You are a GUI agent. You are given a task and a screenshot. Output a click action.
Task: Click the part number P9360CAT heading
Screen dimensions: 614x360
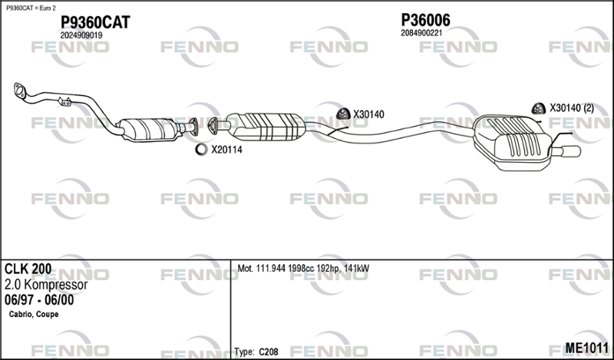click(x=95, y=22)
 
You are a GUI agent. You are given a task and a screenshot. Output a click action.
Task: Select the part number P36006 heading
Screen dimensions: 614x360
click(x=426, y=20)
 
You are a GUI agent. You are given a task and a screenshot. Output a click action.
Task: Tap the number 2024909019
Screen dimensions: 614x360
click(x=81, y=35)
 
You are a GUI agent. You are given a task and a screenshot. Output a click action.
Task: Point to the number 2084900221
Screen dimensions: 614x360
click(x=421, y=33)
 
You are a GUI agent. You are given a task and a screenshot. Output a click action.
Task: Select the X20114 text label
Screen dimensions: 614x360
click(x=226, y=150)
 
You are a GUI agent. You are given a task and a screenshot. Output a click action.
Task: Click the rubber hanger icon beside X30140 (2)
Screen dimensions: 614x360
click(x=539, y=108)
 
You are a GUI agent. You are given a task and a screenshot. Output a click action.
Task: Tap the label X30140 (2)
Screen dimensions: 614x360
click(x=572, y=108)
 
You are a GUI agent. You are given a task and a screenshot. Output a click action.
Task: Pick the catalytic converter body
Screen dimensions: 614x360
click(x=150, y=129)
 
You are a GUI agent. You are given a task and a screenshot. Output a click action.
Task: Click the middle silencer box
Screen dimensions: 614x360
click(x=266, y=127)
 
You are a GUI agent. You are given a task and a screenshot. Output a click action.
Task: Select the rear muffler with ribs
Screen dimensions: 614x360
click(x=513, y=143)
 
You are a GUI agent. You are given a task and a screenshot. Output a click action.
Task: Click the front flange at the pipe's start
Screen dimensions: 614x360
click(x=19, y=91)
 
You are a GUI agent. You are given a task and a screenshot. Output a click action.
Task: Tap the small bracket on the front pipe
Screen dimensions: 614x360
click(x=64, y=101)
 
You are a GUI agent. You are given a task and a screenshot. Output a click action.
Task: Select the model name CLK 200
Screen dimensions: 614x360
click(x=28, y=269)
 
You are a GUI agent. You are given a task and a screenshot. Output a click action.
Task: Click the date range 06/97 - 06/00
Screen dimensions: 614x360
click(x=39, y=300)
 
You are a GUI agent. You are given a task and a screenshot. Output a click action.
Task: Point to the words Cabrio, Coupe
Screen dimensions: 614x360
click(x=34, y=314)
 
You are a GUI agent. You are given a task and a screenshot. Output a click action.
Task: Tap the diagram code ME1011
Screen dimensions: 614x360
click(x=586, y=348)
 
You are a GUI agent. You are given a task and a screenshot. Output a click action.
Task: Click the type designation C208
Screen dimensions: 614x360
click(x=268, y=352)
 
